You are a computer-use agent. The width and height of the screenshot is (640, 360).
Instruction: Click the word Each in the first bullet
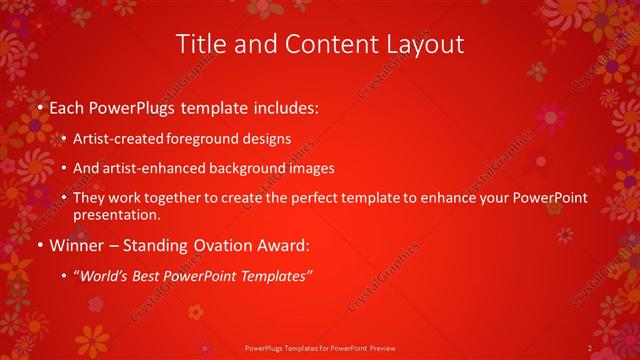66,105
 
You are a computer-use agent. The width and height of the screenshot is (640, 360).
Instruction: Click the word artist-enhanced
152,169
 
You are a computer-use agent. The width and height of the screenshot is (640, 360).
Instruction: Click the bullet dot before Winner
38,246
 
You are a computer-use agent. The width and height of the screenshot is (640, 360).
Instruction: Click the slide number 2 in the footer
590,348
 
